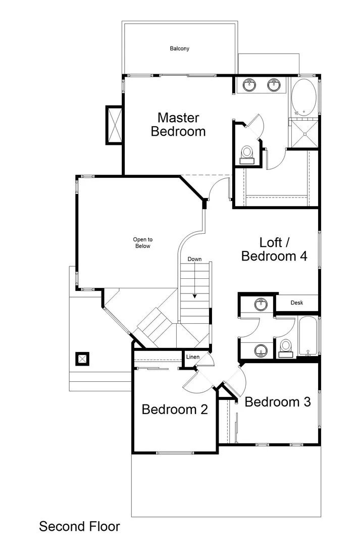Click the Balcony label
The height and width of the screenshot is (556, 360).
[x=179, y=49]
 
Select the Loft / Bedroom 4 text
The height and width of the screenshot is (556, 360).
[x=274, y=249]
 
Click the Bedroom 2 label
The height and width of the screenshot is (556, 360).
[x=175, y=409]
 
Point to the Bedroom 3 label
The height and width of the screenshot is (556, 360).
[x=277, y=402]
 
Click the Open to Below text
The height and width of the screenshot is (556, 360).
[x=142, y=243]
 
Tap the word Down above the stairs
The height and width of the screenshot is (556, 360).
[x=194, y=259]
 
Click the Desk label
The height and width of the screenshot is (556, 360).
[x=297, y=303]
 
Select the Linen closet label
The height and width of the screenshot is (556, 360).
[x=193, y=357]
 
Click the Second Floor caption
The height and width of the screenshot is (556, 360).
[x=80, y=527]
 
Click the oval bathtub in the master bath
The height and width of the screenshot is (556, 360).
[x=304, y=97]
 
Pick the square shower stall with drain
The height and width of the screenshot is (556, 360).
[x=304, y=133]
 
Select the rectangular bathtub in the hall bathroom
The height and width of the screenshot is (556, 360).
[x=307, y=336]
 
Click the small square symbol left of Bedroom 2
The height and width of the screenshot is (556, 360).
[x=82, y=359]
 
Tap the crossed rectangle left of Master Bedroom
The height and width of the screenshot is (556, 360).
[x=114, y=125]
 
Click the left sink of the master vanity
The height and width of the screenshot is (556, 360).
[x=249, y=84]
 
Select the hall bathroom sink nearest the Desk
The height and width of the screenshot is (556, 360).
[x=261, y=304]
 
